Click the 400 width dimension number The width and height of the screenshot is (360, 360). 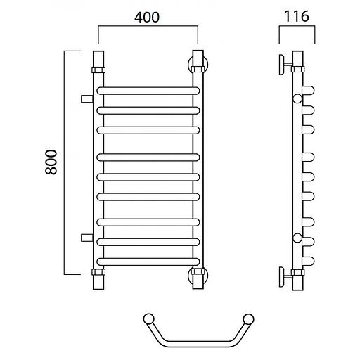[147, 17]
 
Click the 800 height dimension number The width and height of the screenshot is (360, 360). [51, 162]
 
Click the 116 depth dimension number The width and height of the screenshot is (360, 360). [297, 16]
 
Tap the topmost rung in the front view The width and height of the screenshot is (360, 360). [148, 91]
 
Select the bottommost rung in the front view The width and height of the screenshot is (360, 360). [148, 262]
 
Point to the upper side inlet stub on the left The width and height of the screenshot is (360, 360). [87, 99]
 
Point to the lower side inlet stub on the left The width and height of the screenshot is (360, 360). [87, 238]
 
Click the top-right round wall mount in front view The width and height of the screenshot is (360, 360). [198, 65]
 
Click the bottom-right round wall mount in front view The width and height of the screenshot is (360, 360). [198, 275]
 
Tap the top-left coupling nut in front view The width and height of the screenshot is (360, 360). [98, 70]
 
